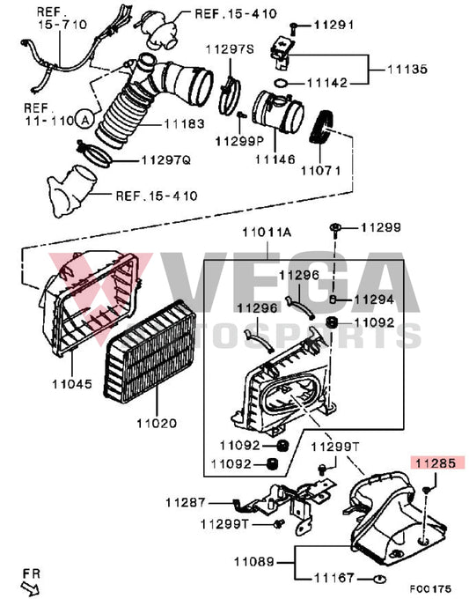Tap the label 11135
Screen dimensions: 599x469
pos(411,67)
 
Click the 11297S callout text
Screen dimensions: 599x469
pos(230,49)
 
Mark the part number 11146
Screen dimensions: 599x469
pos(275,159)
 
